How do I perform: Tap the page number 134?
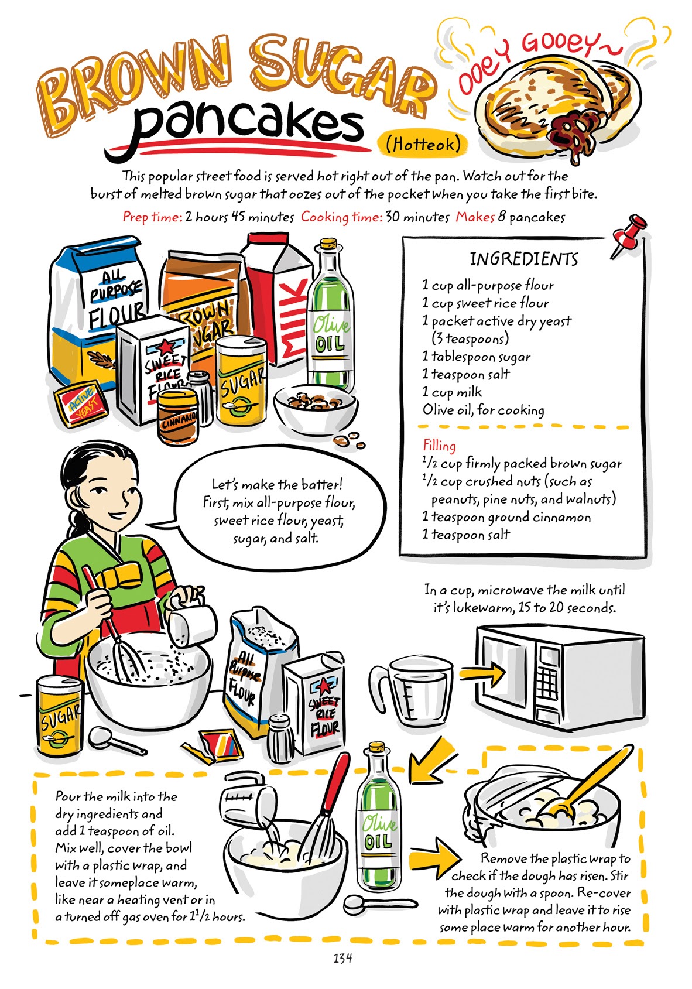coord(342,959)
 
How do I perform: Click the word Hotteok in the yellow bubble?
coord(423,143)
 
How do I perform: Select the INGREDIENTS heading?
coord(524,259)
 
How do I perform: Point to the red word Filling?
coord(439,446)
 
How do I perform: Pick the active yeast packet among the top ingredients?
coord(81,404)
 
